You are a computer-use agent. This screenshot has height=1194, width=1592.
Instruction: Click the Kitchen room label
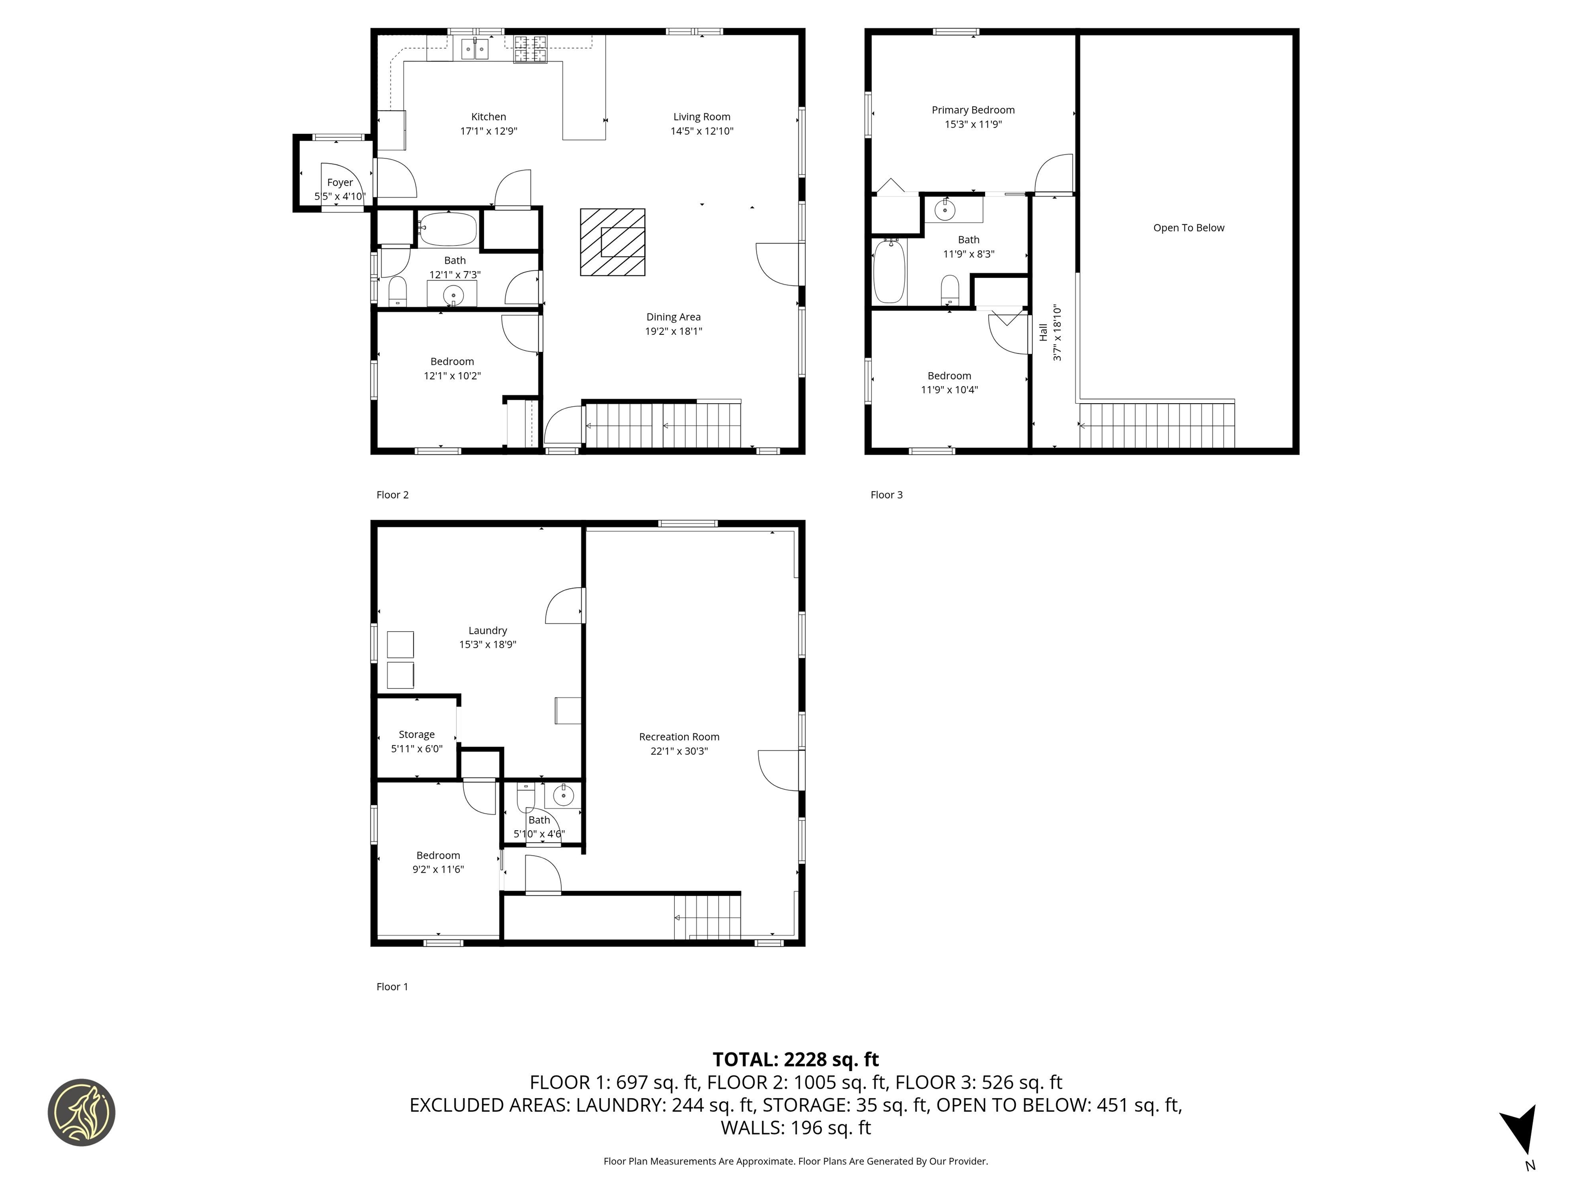(x=488, y=117)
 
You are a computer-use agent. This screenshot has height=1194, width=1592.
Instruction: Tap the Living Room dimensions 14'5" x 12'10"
(x=701, y=131)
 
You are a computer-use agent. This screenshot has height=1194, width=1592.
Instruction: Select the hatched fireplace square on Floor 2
(x=613, y=242)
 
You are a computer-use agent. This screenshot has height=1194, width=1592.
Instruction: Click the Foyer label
(x=340, y=183)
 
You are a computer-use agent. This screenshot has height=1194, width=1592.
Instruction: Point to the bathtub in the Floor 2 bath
(x=448, y=229)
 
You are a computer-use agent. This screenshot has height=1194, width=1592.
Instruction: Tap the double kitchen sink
(x=474, y=49)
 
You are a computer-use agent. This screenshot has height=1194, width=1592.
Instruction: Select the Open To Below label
(x=1188, y=228)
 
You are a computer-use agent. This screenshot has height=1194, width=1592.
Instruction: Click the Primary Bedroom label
(x=973, y=110)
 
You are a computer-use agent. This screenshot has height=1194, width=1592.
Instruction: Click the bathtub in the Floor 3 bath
(x=889, y=272)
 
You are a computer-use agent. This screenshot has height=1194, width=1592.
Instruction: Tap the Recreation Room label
(x=679, y=737)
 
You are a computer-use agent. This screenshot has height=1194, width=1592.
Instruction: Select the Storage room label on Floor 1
(x=416, y=735)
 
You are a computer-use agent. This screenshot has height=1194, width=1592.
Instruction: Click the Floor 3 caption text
(x=886, y=494)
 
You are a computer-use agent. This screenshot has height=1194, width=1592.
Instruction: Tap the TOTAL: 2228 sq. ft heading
(x=795, y=1059)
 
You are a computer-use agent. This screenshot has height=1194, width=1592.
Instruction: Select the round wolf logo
(x=81, y=1112)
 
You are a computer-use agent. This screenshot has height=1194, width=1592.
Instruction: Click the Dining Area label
(x=673, y=317)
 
